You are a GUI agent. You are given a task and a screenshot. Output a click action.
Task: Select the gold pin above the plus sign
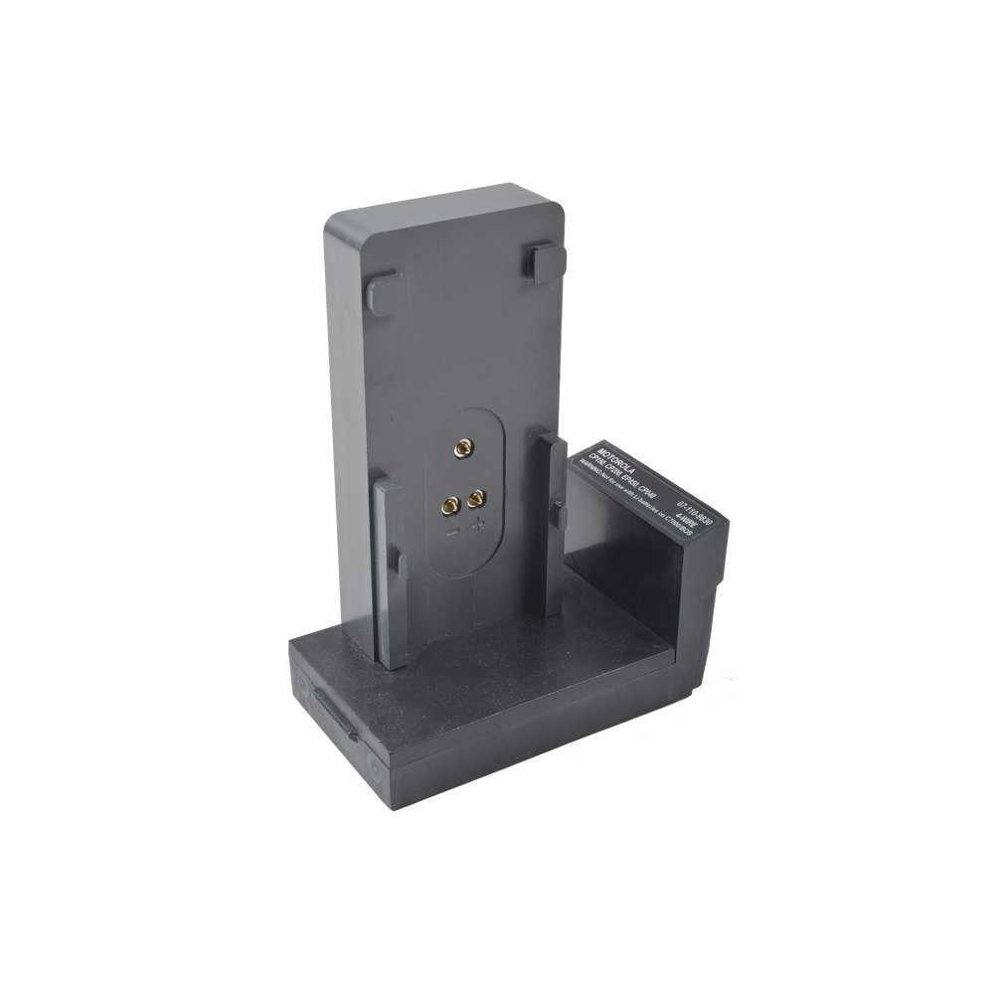coord(476,495)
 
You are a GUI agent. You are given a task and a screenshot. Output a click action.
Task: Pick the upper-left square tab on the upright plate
coord(383,290)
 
